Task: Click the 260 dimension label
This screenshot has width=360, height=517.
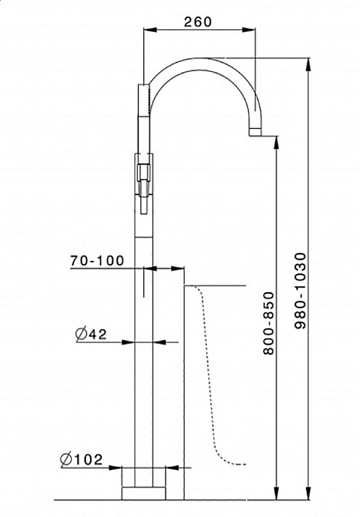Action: (197, 22)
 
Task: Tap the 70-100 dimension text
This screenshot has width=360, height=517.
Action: (97, 260)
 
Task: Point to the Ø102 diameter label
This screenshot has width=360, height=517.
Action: (81, 459)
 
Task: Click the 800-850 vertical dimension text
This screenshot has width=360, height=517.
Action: (268, 323)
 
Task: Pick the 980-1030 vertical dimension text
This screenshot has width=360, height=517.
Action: (300, 290)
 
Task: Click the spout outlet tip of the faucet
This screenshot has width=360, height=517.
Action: (255, 132)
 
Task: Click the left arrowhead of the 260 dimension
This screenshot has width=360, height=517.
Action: (150, 30)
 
